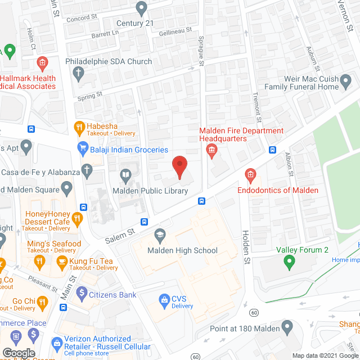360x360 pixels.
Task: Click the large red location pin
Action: click(179, 166)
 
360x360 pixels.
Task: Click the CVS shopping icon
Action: click(165, 299)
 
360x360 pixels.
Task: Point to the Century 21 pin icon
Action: click(142, 8)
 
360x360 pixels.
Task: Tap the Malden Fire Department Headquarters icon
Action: click(212, 150)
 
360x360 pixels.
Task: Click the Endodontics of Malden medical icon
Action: click(250, 175)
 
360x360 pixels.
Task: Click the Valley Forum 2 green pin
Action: click(289, 260)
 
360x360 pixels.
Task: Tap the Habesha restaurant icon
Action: click(80, 127)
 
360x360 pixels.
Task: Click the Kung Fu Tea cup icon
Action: click(62, 260)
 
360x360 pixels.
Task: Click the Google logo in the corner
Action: click(19, 353)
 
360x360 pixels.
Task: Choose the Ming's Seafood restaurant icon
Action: click(39, 260)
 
